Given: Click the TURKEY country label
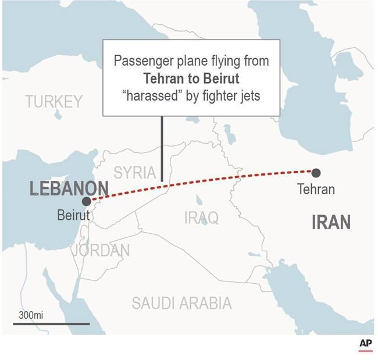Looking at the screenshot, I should click(54, 102).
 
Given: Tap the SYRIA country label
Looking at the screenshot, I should click(134, 172).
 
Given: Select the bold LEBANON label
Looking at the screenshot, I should click(69, 188).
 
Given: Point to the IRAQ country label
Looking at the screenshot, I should click(201, 218).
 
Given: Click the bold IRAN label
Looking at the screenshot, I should click(331, 222).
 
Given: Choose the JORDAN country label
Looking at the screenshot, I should click(101, 251).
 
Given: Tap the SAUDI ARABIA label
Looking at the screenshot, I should click(181, 303).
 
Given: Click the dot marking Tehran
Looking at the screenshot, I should click(316, 172).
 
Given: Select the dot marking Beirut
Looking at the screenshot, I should click(87, 201).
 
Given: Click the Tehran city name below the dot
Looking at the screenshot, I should click(316, 190).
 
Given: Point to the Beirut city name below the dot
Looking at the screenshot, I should click(73, 215).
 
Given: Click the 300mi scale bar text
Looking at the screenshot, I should click(31, 315).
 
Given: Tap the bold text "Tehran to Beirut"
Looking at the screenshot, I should click(191, 79).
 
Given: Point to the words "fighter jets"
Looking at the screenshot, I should click(230, 95).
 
